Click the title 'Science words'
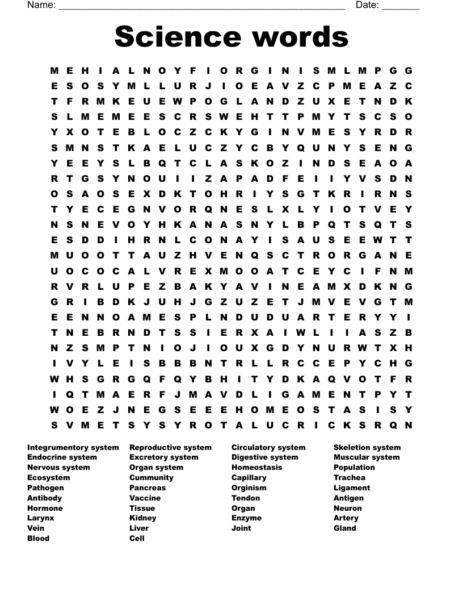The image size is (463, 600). pos(231,37)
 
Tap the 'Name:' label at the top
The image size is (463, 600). pos(41,5)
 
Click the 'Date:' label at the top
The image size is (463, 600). pos(367,5)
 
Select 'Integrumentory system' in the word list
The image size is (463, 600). pos(73,447)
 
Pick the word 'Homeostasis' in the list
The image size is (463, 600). pos(256,467)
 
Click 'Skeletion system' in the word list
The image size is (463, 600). pos(367,447)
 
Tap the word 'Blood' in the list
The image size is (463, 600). pos(38,538)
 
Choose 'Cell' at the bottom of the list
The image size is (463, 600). pos(137,538)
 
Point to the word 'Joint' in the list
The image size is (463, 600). pos(241,528)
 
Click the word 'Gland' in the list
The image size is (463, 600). pos(345,528)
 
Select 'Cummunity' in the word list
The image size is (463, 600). pos(151,477)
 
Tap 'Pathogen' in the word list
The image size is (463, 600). pos(45,488)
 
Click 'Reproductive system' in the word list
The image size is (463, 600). pos(170,447)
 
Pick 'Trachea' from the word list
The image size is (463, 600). pos(350,477)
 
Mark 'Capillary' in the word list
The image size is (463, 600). pos(249,477)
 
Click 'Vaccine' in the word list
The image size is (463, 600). pos(145,498)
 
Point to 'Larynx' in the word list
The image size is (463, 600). pos(41,518)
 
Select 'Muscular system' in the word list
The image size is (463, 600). pos(367,457)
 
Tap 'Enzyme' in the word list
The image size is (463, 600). pos(246,518)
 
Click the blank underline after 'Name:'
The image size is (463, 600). pos(201,6)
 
